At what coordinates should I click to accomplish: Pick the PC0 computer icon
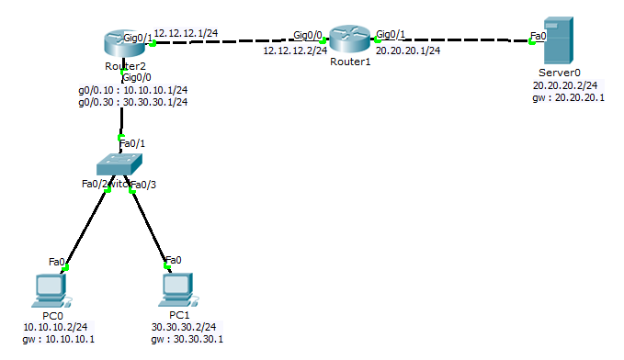click(47, 291)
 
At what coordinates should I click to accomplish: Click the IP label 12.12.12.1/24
click(186, 33)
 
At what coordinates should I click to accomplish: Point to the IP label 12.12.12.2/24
click(295, 51)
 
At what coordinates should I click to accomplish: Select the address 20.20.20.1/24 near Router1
click(408, 51)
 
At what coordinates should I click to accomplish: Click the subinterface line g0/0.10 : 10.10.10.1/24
click(133, 90)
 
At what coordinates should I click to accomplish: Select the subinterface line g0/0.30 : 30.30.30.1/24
click(133, 102)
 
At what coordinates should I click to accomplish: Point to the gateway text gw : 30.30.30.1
click(187, 339)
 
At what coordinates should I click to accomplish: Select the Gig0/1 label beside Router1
click(391, 34)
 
